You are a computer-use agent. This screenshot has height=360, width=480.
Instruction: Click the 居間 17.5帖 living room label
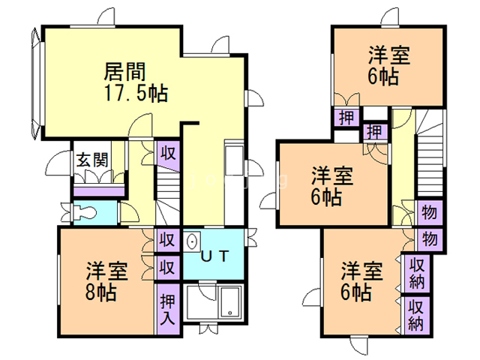pyautogui.click(x=135, y=83)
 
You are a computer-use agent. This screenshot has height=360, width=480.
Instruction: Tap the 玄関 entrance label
pyautogui.click(x=91, y=160)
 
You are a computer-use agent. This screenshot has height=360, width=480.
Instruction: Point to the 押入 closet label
pyautogui.click(x=168, y=307)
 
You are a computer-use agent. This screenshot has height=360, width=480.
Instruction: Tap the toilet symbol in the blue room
pyautogui.click(x=79, y=212)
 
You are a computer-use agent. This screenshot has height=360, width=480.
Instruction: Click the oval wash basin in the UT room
pyautogui.click(x=191, y=243)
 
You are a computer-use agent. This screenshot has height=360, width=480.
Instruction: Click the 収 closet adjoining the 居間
pyautogui.click(x=168, y=153)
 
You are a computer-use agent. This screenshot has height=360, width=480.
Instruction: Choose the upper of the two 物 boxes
pyautogui.click(x=430, y=211)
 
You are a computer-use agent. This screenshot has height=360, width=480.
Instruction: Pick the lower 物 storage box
pyautogui.click(x=430, y=238)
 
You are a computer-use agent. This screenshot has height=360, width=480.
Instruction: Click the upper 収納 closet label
pyautogui.click(x=415, y=274)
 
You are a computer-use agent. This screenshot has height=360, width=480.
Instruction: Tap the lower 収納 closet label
pyautogui.click(x=415, y=315)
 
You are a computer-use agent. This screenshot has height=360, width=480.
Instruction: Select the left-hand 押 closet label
pyautogui.click(x=346, y=118)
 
